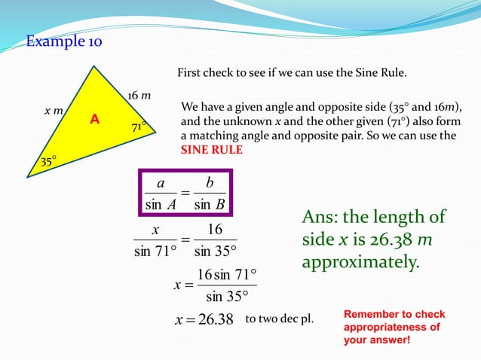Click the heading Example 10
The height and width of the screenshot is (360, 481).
pos(64,41)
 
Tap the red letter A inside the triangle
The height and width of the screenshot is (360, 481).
pos(94,119)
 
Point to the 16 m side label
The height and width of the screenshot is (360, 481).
pos(138,96)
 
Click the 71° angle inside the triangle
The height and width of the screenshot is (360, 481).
pos(139,127)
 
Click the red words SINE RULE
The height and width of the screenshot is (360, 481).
pos(211,150)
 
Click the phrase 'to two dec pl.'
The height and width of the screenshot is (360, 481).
pos(280,319)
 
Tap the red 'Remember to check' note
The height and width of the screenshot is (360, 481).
pos(394,313)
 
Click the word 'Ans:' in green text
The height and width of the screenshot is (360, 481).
pos(320,218)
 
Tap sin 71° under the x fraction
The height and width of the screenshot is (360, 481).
pos(155,252)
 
